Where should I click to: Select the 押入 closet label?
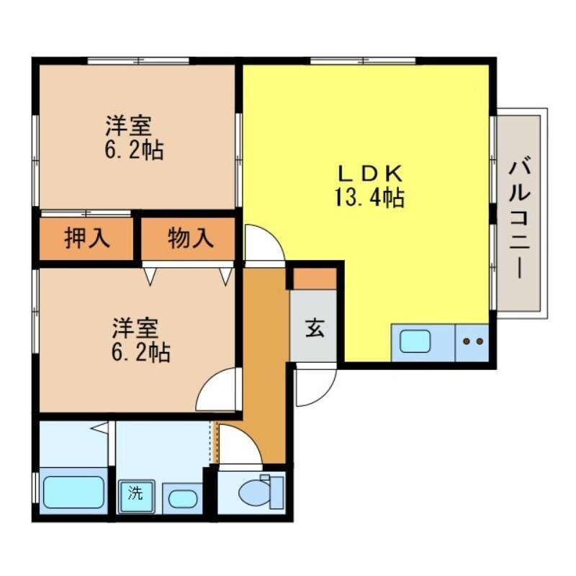coord(88,238)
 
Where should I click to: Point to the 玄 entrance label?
coord(314,328)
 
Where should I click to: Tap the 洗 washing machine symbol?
coord(135,495)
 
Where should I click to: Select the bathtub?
coord(73,492)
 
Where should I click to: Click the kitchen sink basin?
coord(415,341)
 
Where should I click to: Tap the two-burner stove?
coord(472,341)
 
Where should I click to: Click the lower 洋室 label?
coord(135,328)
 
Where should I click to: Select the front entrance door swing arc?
coord(314,387)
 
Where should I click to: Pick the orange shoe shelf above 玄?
coord(314,278)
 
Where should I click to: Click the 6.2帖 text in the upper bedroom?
coord(134,150)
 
